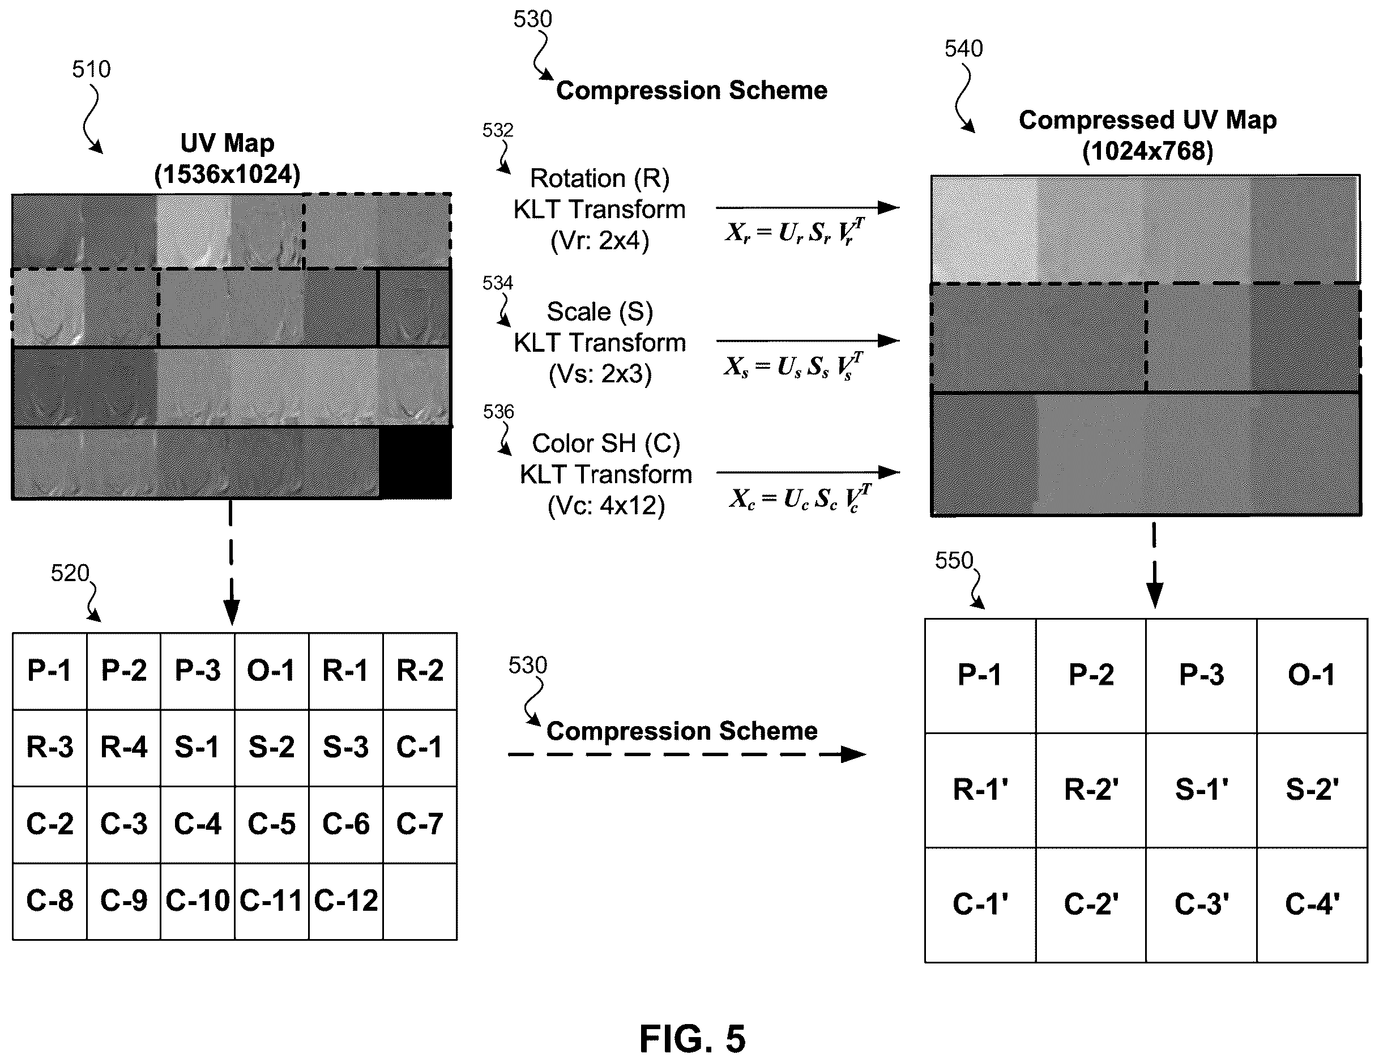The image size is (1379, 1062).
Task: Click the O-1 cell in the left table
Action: [x=271, y=671]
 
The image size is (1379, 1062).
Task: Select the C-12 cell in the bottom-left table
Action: [x=346, y=901]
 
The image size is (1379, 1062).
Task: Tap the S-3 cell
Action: [x=346, y=748]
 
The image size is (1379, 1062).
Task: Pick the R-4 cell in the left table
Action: [x=124, y=748]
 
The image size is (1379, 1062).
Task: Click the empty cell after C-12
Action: [x=420, y=901]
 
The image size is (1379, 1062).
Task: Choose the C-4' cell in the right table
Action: [x=1312, y=904]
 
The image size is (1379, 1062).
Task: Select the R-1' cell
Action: [x=980, y=790]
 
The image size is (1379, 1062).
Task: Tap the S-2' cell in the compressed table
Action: [x=1312, y=790]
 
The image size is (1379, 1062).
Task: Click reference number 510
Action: [x=92, y=69]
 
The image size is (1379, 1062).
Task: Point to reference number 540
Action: [x=963, y=49]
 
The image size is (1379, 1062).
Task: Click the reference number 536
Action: [x=498, y=412]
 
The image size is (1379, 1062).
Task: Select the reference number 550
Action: [x=954, y=560]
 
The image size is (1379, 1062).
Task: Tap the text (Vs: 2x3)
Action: [x=600, y=374]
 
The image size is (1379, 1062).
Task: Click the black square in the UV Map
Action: [x=415, y=463]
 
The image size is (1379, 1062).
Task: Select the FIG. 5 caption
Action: [x=692, y=1039]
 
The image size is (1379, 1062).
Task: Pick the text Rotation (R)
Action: [x=599, y=178]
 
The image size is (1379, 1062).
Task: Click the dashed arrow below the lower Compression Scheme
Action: [x=687, y=754]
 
